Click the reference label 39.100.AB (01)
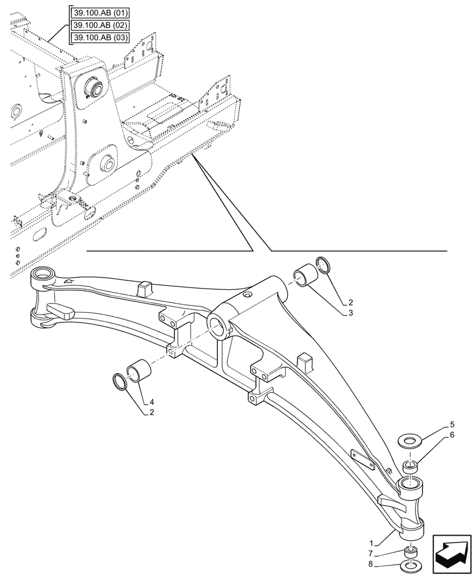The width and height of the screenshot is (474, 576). pos(99,12)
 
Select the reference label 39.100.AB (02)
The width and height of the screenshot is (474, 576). pos(99,25)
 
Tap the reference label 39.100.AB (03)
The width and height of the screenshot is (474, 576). pos(99,38)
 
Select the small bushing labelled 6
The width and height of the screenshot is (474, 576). pos(410,467)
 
